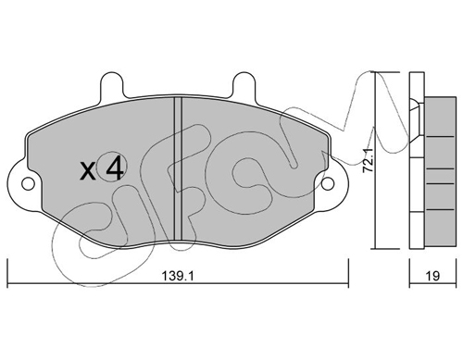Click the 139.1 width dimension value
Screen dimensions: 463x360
tap(178, 276)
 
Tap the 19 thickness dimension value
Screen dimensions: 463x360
tap(433, 276)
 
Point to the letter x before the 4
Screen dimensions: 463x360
tap(88, 171)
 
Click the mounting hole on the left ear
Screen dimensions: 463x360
tap(28, 184)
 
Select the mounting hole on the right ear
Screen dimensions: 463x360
tap(328, 184)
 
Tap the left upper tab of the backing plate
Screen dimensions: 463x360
tap(112, 85)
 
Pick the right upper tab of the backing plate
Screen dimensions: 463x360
tap(244, 85)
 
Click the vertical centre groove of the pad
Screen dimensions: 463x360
tap(178, 168)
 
